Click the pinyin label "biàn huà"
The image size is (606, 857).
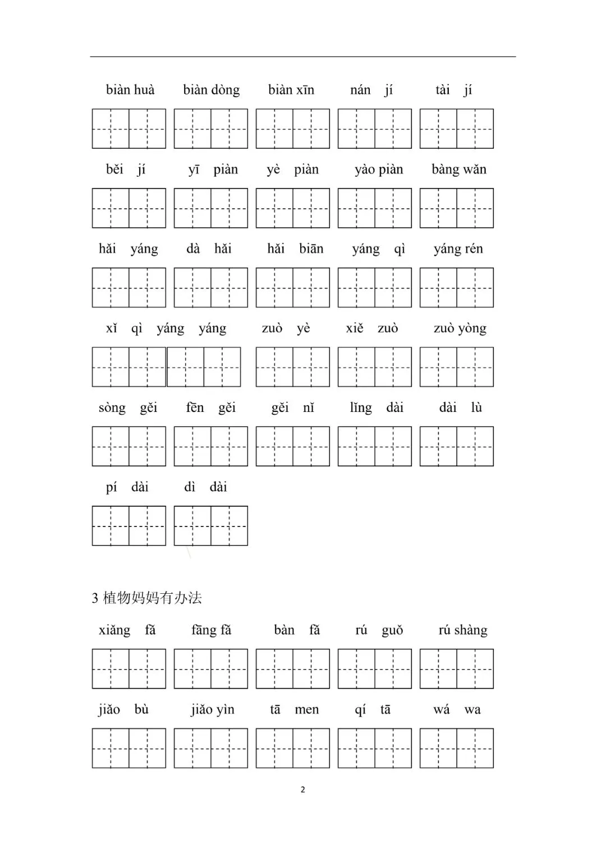(x=130, y=90)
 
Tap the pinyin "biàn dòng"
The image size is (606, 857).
(x=211, y=90)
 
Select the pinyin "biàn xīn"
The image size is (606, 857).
(x=291, y=90)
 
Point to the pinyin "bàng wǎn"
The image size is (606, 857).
(x=459, y=170)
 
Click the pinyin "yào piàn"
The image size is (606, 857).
(x=379, y=170)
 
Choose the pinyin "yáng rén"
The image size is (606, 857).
(x=458, y=249)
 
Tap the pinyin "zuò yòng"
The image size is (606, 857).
(x=460, y=329)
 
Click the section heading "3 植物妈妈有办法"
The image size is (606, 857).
(x=147, y=598)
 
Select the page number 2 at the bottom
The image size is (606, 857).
(x=303, y=790)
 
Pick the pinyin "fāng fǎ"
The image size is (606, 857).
(x=211, y=631)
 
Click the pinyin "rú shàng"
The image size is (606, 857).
(x=463, y=631)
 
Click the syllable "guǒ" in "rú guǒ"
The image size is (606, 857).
(x=392, y=631)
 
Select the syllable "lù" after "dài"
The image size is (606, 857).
(x=476, y=408)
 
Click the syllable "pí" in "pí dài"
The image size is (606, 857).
(x=111, y=488)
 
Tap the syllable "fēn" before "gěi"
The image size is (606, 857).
(x=195, y=408)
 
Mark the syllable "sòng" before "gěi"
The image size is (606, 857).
(x=112, y=408)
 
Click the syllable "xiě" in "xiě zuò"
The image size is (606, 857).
(x=355, y=329)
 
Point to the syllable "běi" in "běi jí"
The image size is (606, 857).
(x=114, y=170)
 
